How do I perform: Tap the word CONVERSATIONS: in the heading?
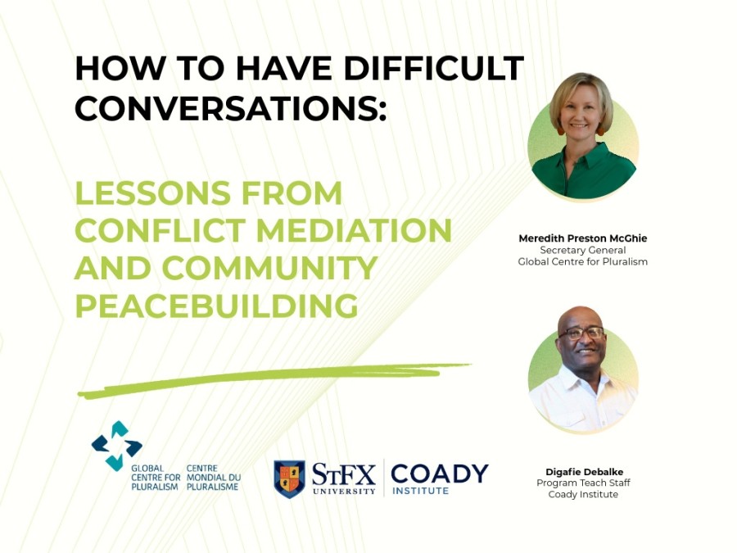230,108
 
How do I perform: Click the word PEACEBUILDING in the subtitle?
217,306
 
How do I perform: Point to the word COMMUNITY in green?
269,269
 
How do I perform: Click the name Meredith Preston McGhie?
582,238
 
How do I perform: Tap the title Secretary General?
582,250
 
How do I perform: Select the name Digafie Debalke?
582,472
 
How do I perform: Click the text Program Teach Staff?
582,483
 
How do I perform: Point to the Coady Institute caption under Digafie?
582,495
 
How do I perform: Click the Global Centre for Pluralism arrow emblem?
115,445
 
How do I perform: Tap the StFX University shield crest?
289,478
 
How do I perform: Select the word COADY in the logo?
439,474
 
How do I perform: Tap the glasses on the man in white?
581,333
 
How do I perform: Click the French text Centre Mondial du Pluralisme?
212,478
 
